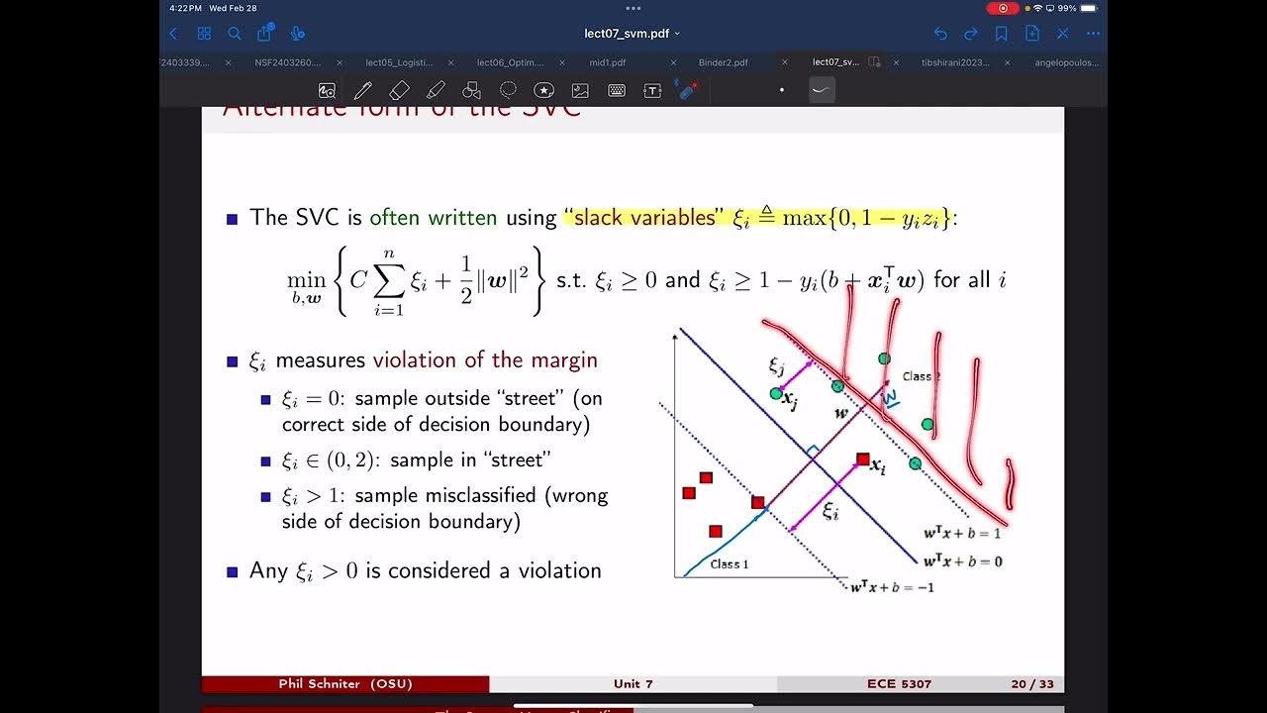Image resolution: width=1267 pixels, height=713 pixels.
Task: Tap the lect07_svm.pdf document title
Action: tap(628, 34)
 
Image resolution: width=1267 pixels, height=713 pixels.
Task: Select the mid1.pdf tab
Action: tap(609, 62)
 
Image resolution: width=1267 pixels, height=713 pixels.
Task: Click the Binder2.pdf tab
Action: tap(723, 62)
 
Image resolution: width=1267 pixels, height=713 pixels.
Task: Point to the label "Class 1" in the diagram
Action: tap(730, 564)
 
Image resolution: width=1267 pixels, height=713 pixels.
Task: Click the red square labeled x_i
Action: tap(863, 459)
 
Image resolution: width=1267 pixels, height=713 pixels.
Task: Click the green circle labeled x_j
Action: tap(776, 394)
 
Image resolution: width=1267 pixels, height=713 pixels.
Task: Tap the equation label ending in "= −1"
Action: tap(892, 587)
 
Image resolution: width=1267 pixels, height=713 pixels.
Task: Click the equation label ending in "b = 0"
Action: tap(962, 561)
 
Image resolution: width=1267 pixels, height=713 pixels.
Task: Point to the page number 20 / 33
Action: tap(1031, 684)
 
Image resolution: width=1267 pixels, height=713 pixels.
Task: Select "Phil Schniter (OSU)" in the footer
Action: tap(345, 684)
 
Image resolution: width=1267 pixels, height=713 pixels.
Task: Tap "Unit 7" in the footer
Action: tap(633, 684)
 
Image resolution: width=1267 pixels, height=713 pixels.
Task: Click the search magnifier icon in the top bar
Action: tap(235, 34)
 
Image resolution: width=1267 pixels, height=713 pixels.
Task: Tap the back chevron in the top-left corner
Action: tap(174, 34)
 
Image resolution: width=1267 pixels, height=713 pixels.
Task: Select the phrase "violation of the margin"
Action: tap(485, 360)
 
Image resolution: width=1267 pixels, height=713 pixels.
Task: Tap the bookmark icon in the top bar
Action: tap(1001, 34)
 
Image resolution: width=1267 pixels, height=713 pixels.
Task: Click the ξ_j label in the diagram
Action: tap(776, 365)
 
